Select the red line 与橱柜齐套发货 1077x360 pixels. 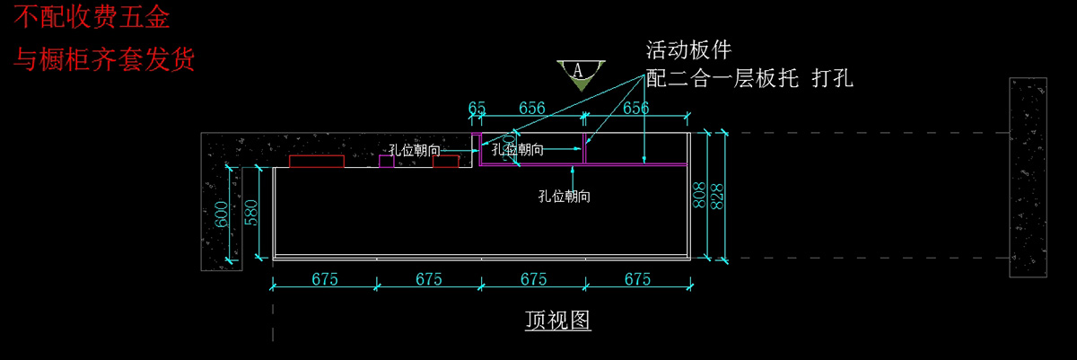click(103, 61)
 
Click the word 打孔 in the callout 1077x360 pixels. click(831, 79)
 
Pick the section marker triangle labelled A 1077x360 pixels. click(580, 74)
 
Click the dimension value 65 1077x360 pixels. click(477, 109)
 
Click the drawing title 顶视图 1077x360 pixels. click(557, 320)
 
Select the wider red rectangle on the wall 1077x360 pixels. click(317, 162)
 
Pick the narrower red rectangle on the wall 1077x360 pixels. click(446, 162)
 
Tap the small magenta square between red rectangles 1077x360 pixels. click(386, 162)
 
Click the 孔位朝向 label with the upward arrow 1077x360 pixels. click(564, 195)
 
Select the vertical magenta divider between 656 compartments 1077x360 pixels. click(585, 149)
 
